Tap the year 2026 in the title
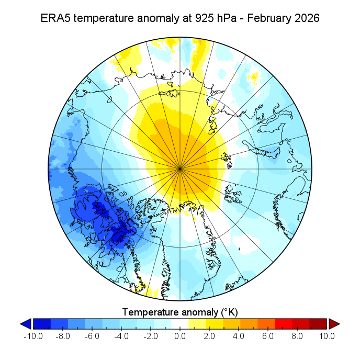click(305, 18)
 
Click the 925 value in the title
click(194, 18)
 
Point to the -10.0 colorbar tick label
click(33, 336)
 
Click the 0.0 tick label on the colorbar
click(180, 336)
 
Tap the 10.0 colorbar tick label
click(327, 336)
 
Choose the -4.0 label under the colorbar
click(121, 336)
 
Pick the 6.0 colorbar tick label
click(268, 336)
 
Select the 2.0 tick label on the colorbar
click(209, 336)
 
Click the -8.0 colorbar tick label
click(62, 336)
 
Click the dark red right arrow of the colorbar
click(333, 324)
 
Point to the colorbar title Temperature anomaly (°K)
click(180, 312)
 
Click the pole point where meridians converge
click(180, 168)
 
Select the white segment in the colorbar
click(180, 324)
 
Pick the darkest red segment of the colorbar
click(320, 324)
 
